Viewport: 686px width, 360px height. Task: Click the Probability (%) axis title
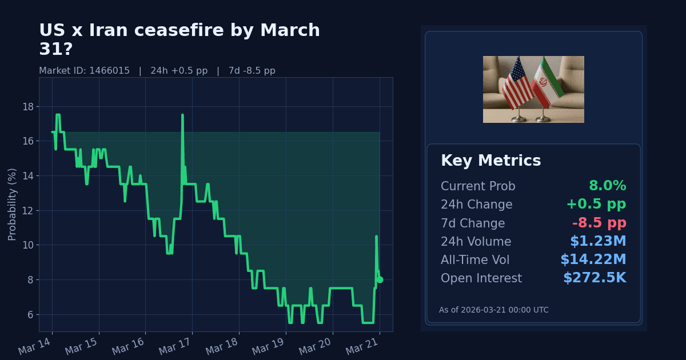click(12, 204)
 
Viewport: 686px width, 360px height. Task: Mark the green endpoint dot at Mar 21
click(380, 279)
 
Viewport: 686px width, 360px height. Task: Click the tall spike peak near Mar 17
click(182, 115)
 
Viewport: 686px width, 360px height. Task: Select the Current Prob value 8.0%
click(607, 186)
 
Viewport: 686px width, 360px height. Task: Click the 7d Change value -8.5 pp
click(599, 223)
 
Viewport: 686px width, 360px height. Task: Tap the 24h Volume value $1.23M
click(598, 242)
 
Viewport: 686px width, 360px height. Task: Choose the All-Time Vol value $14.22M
click(593, 260)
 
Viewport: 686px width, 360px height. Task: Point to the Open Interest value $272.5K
click(595, 278)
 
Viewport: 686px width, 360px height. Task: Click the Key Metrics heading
click(490, 161)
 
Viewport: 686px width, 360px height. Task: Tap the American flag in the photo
click(517, 85)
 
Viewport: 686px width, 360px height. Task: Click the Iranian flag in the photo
click(547, 83)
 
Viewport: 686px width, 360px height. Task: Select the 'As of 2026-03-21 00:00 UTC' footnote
click(493, 310)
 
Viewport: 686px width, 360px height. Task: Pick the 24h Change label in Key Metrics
click(476, 205)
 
